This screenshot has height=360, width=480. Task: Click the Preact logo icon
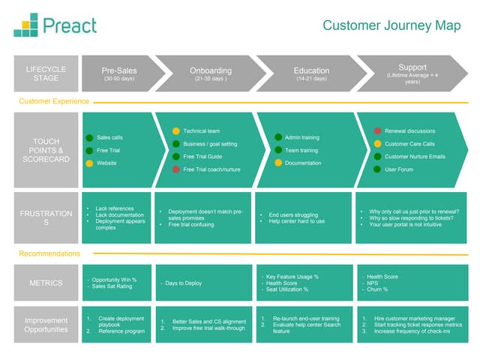(25, 25)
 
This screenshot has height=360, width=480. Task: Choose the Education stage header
(311, 73)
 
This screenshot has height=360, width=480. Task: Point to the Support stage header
(412, 73)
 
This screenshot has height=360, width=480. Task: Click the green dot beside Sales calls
(89, 137)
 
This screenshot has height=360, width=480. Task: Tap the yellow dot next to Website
(89, 163)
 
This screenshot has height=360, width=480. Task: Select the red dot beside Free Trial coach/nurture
(176, 169)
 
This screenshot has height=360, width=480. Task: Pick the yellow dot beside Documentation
(277, 163)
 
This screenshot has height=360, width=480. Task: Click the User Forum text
(399, 169)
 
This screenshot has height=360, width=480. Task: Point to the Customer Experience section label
(54, 101)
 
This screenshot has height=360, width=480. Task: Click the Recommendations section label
(49, 253)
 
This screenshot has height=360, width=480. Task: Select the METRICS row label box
(46, 283)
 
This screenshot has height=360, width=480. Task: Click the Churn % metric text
(377, 289)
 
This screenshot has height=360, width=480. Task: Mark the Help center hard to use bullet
(297, 221)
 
